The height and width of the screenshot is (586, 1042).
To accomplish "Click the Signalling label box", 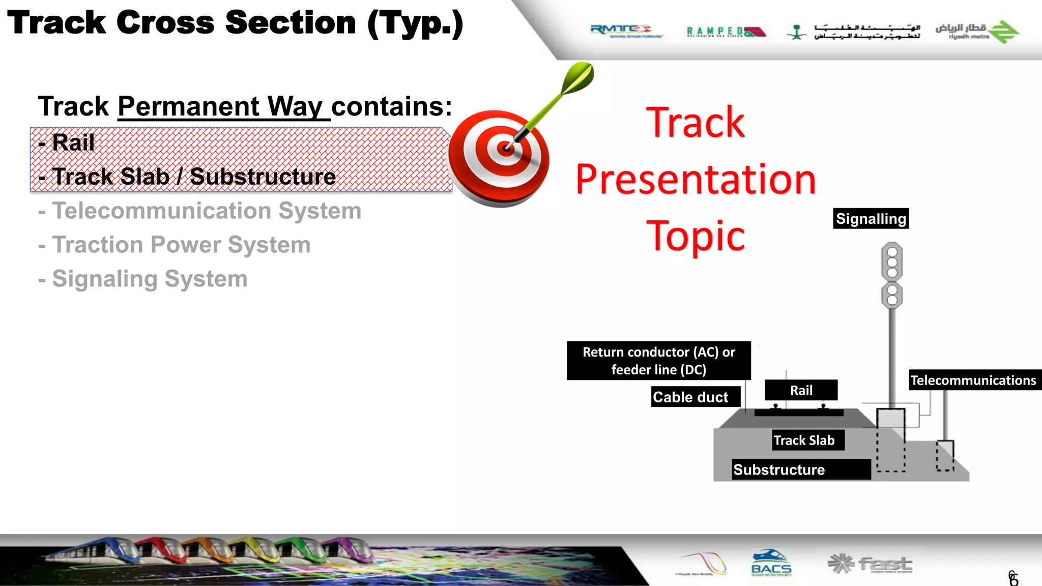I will click(x=871, y=219).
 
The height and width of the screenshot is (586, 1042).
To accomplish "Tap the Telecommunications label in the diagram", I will click(x=973, y=380).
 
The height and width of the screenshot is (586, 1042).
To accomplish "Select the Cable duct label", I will click(x=690, y=397).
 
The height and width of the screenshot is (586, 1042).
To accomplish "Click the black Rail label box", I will click(x=801, y=390).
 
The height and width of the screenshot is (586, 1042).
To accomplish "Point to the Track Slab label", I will click(x=804, y=440).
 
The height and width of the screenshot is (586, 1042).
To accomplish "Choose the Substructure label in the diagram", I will click(x=779, y=470).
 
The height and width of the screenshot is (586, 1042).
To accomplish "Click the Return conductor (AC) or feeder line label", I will click(x=658, y=361).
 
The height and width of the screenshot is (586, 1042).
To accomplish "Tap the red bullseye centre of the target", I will click(x=506, y=149).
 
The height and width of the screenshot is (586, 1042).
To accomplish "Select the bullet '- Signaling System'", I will click(x=150, y=279).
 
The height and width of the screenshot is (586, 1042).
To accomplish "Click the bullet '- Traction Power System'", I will click(x=181, y=245).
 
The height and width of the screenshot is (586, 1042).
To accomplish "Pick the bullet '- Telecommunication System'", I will click(x=207, y=211).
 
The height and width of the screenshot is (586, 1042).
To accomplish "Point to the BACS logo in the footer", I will click(x=771, y=564).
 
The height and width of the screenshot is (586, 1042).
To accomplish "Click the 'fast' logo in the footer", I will click(x=871, y=564).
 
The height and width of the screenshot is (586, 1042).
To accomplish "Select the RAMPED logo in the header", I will click(x=725, y=32).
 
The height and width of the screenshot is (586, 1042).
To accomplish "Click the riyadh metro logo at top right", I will click(x=977, y=32).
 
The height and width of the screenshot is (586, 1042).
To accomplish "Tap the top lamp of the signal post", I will click(x=892, y=252).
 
